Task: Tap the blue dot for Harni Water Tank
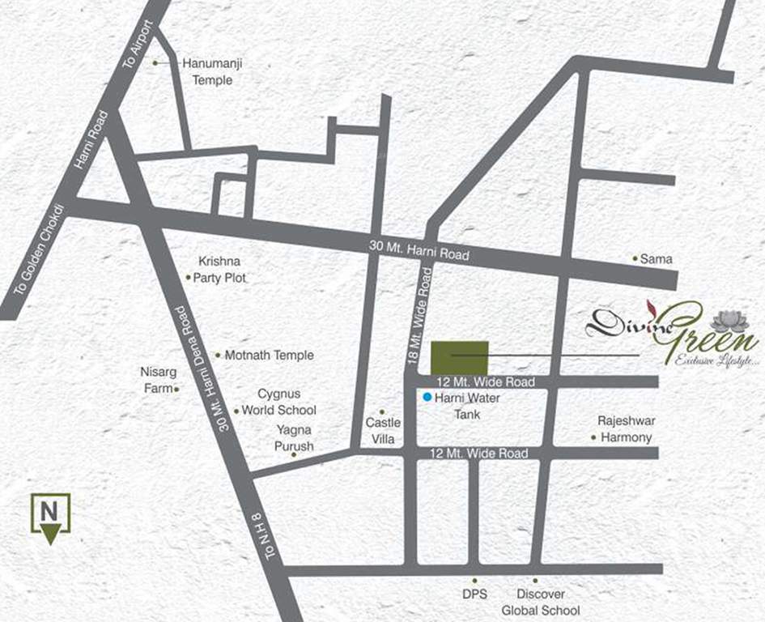(x=427, y=398)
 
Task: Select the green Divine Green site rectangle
(x=459, y=356)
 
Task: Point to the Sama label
(x=657, y=259)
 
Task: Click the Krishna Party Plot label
(x=219, y=270)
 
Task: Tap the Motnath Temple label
(x=269, y=355)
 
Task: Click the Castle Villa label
(x=383, y=431)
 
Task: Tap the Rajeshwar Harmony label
(x=626, y=429)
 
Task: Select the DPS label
(x=475, y=594)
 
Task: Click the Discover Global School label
(x=541, y=602)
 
